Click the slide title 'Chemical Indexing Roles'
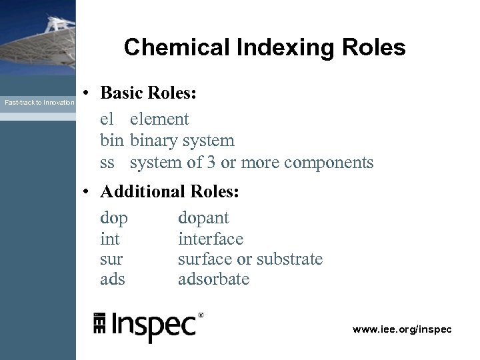coord(264,47)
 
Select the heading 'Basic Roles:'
coord(148,95)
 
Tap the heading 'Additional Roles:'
coord(169,192)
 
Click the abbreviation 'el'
coord(107,119)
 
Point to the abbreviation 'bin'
coord(112,141)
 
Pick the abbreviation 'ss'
coord(107,163)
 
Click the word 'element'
coord(159,119)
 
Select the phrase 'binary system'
coord(182,141)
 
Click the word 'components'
coord(329,162)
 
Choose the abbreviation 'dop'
coord(114,218)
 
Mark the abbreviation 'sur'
coord(111,259)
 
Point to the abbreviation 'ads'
coord(113,279)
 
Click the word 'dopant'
coord(203,218)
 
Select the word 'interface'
coord(211,239)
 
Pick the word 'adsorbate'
coord(213,279)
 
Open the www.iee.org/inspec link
coord(402,329)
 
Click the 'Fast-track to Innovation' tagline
coord(39,103)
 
